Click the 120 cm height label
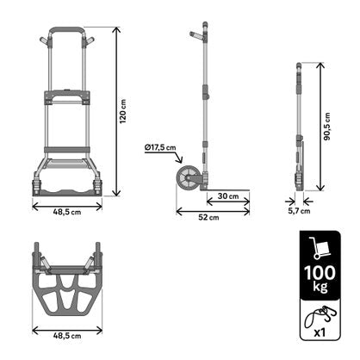(x=122, y=110)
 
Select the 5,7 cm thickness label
(x=299, y=210)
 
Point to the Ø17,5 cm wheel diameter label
(x=159, y=147)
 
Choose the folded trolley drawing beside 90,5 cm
(x=299, y=129)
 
